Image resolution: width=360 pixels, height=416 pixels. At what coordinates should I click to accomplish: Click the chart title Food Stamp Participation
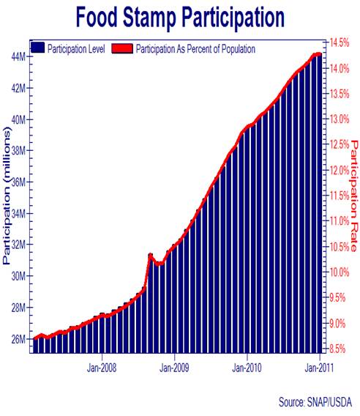coord(179,16)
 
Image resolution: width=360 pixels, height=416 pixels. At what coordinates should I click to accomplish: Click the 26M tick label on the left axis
coord(20,339)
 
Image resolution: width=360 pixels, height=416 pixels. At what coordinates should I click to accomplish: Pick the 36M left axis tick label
coord(20,182)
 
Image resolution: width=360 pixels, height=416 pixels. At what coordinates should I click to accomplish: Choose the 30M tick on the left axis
coord(20,276)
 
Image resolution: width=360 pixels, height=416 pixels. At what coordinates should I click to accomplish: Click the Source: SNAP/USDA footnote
coord(314,402)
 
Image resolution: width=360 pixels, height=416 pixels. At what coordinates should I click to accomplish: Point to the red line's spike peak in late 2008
coord(150,255)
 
